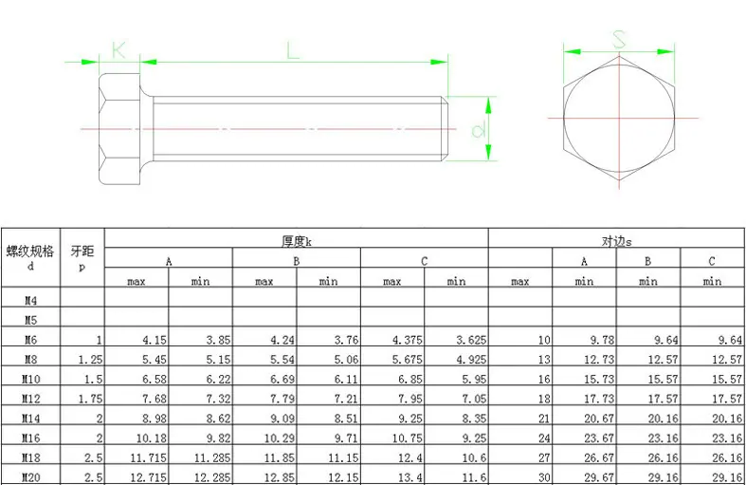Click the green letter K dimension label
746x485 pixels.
pos(118,50)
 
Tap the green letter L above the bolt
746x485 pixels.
pos(293,50)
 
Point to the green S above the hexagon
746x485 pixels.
pos(619,40)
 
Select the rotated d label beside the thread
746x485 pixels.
pos(478,130)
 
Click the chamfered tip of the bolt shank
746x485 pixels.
pos(445,129)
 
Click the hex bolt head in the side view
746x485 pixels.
pos(119,129)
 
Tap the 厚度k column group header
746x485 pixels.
pos(297,241)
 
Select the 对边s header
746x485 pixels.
pos(616,241)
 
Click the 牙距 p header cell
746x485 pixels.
pos(82,257)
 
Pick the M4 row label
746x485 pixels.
pos(30,300)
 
